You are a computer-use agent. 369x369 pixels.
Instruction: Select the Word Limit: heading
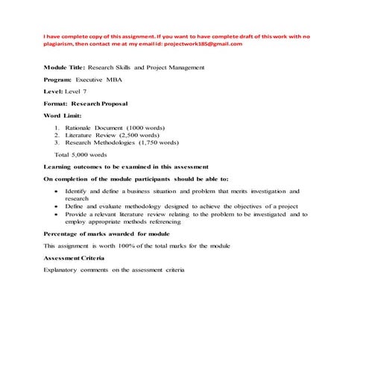click(63, 116)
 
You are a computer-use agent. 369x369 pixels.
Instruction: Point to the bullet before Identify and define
click(57, 192)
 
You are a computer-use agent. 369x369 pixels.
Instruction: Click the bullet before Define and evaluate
click(57, 206)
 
